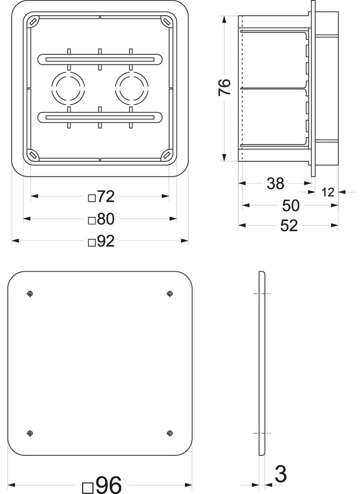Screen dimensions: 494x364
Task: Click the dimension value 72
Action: click(106, 197)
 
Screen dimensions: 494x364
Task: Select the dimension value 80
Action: click(106, 219)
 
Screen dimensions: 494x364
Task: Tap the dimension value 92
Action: click(106, 241)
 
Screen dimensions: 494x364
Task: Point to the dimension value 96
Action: click(109, 485)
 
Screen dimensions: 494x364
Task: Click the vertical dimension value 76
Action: click(224, 87)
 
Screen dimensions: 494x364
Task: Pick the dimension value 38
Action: click(275, 184)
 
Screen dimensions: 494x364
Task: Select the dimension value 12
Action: click(328, 192)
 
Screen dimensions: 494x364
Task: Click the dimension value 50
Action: click(291, 205)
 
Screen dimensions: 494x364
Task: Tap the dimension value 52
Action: click(289, 226)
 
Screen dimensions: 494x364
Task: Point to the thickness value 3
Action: click(280, 475)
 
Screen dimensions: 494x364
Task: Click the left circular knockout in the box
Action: click(68, 88)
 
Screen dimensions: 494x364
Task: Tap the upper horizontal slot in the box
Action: click(100, 59)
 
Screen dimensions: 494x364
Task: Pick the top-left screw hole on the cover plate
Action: click(30, 294)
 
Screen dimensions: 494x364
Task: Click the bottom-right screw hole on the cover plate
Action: click(169, 433)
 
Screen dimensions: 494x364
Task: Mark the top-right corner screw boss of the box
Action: click(166, 21)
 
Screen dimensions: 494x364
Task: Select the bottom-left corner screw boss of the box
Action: click(33, 154)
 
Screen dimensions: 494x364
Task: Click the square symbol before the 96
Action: click(88, 488)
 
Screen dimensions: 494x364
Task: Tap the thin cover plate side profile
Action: click(261, 364)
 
